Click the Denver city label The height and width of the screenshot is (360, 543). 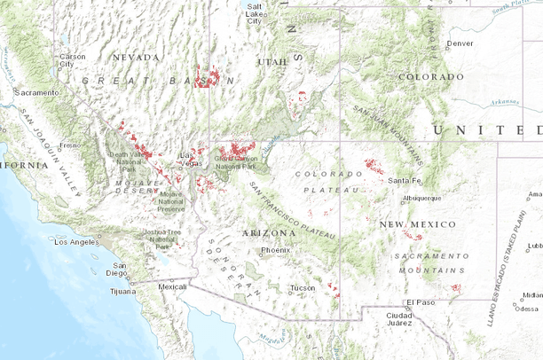pos(460,43)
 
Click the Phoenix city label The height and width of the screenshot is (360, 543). pos(276,250)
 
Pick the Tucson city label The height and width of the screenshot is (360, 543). pos(303,288)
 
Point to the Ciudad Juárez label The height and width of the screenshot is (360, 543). pos(399,320)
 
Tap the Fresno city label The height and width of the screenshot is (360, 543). pos(70,145)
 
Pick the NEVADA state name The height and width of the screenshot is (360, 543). pos(135,57)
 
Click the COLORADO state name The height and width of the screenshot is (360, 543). pos(431,76)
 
